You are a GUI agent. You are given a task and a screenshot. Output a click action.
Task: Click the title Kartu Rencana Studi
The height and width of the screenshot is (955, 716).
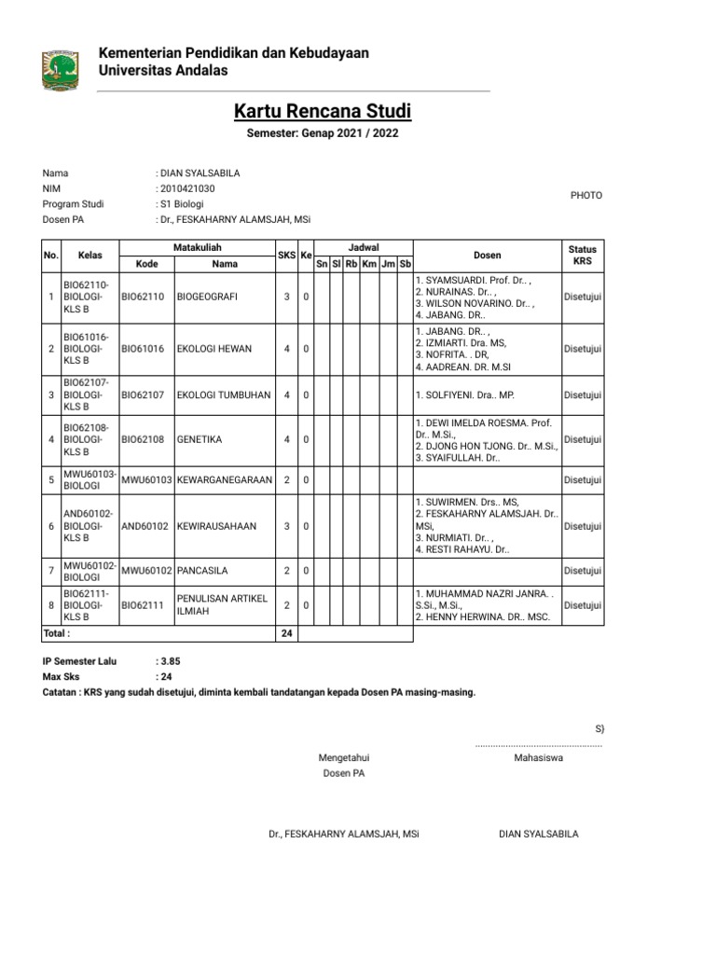click(x=323, y=113)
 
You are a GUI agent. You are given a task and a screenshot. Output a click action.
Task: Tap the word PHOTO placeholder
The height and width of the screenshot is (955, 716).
click(x=586, y=196)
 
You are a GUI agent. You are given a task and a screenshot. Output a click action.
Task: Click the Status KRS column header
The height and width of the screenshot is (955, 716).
click(x=583, y=256)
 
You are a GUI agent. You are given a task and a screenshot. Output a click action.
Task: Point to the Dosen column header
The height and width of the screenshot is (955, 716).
click(x=487, y=255)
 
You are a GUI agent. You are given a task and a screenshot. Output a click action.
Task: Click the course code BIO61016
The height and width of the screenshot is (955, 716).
click(x=143, y=349)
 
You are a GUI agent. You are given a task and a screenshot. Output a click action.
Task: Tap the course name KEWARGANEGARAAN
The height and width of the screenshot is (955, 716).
click(x=224, y=479)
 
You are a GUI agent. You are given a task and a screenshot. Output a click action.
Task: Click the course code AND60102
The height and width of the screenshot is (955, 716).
click(x=145, y=526)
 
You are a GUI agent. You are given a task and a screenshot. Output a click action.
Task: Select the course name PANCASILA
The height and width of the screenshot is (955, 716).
click(x=202, y=570)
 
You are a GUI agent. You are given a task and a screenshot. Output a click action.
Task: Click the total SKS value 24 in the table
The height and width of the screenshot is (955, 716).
click(x=287, y=633)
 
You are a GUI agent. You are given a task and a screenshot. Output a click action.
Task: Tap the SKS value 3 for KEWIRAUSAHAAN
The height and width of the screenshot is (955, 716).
click(x=287, y=526)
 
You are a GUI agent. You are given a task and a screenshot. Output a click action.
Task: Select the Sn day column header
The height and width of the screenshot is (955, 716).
click(x=322, y=264)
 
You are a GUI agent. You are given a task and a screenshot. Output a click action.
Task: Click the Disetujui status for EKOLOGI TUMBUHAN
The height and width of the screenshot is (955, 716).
click(x=583, y=395)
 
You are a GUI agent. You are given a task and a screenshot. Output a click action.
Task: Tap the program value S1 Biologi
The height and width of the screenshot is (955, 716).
click(x=182, y=204)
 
